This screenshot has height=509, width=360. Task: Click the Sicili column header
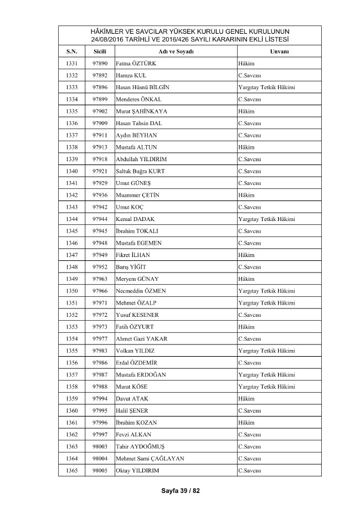coord(100,52)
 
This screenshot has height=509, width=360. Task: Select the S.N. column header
coord(72,52)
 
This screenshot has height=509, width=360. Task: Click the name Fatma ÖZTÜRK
coord(136,63)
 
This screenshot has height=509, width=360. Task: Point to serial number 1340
coord(72,171)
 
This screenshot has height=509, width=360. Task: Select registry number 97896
coord(100,87)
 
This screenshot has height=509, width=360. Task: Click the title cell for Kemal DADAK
coord(266,219)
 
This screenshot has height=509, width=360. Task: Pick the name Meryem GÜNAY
coord(137,279)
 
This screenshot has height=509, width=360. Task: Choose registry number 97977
coord(100,338)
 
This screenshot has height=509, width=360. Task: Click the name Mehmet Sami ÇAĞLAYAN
coord(150,458)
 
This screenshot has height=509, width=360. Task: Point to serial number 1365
coord(72,470)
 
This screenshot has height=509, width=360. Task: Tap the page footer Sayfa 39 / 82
coord(180,491)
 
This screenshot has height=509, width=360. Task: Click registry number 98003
coord(100,446)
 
